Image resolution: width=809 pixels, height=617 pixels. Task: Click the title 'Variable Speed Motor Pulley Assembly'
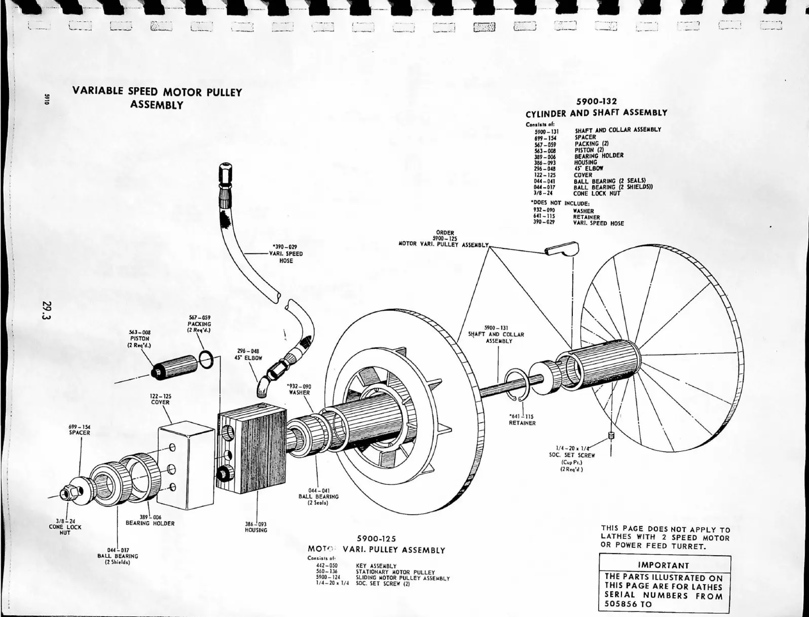(x=157, y=98)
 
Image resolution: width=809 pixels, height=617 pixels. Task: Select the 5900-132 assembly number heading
(x=596, y=102)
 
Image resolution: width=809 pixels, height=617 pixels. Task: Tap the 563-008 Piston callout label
(x=140, y=338)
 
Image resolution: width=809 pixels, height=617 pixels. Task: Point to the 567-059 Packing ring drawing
(x=206, y=359)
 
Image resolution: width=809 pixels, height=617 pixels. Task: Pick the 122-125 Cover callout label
(x=160, y=399)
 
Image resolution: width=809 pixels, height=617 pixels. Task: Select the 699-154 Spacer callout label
(x=80, y=430)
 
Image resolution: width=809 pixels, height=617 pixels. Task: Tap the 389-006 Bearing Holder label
(x=150, y=520)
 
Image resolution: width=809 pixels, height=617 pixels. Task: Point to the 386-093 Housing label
(x=255, y=527)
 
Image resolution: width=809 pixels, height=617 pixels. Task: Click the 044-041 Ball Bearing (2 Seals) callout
(x=319, y=496)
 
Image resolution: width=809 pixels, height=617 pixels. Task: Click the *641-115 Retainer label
(x=522, y=420)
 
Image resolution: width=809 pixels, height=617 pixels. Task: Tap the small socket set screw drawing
(x=611, y=436)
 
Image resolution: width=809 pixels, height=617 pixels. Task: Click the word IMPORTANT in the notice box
(x=664, y=565)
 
